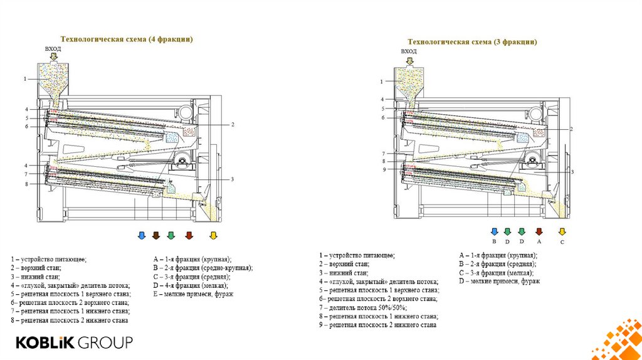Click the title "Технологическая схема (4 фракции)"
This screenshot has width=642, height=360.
(126, 39)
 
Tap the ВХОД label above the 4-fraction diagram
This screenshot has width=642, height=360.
(53, 48)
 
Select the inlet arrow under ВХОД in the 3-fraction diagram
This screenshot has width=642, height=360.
(409, 61)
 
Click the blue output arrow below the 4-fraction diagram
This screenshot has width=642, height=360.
(141, 235)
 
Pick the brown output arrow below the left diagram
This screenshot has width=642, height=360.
(156, 235)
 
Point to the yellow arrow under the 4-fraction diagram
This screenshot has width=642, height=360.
(213, 235)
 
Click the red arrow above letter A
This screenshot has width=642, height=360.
(539, 231)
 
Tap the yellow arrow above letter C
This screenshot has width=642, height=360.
(562, 231)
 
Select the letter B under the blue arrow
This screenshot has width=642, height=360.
(494, 241)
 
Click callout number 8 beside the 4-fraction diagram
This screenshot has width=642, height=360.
(26, 184)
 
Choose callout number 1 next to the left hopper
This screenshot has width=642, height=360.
(26, 79)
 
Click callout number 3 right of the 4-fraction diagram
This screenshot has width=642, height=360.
(232, 179)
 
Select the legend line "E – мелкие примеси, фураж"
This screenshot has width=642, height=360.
(193, 294)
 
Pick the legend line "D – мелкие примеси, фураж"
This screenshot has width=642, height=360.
(500, 282)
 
